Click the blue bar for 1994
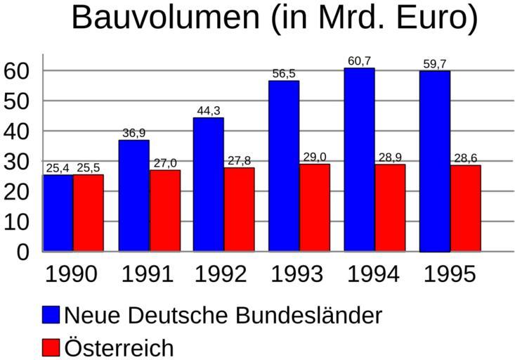tap(359, 160)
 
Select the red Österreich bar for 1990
tap(89, 213)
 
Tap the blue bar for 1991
tap(133, 195)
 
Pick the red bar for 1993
tap(315, 207)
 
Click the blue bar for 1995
tap(435, 161)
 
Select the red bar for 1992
tap(240, 209)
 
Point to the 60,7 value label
tap(359, 61)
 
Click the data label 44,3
tap(209, 110)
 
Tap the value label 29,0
tap(315, 157)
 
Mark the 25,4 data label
tap(58, 168)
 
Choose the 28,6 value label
tap(466, 158)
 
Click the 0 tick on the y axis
tap(23, 252)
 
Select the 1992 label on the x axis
tap(221, 274)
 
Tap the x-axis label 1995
tap(450, 274)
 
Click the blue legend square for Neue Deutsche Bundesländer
tap(51, 315)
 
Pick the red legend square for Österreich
tap(51, 347)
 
